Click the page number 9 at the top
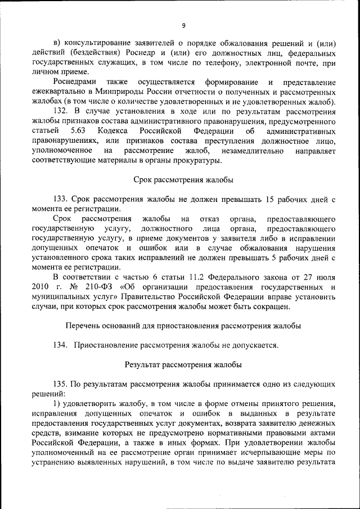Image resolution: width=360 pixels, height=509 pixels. pyautogui.click(x=183, y=25)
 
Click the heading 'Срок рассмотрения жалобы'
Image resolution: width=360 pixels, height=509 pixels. pyautogui.click(x=183, y=180)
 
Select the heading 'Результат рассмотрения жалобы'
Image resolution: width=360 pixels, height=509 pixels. pyautogui.click(x=183, y=364)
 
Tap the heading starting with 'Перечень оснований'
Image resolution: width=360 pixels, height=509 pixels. pyautogui.click(x=183, y=326)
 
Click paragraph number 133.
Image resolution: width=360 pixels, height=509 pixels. pyautogui.click(x=61, y=199)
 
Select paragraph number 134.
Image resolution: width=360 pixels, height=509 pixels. pyautogui.click(x=61, y=345)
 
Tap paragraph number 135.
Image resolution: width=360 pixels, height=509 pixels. pyautogui.click(x=61, y=384)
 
